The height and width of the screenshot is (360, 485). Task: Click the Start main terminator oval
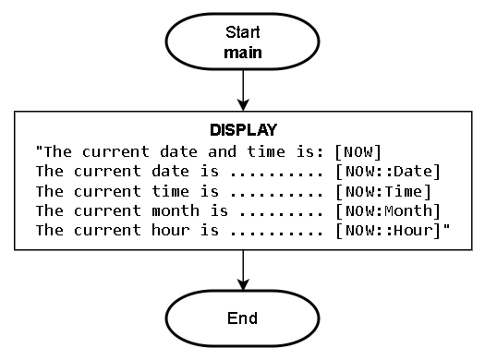coord(242,42)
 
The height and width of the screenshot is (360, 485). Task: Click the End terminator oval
coord(242,318)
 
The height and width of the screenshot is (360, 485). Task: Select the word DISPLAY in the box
coord(243,130)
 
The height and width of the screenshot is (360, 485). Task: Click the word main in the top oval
coord(243,53)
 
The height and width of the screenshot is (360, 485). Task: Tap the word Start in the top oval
coord(243,32)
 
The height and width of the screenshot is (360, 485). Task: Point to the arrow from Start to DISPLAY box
coord(243,90)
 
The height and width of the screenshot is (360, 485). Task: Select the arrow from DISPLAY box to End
coord(243,270)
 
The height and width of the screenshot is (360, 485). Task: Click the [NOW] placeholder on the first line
coord(358,150)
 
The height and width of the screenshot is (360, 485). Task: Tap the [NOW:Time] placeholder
coord(383,191)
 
